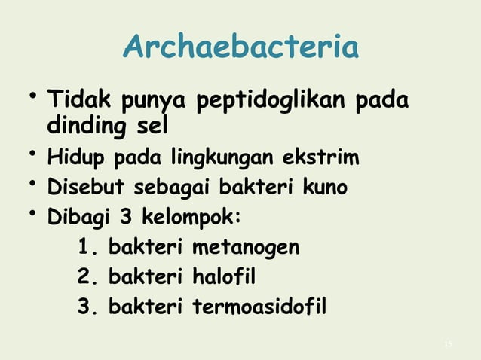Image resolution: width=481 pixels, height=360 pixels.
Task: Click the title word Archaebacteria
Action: [240, 48]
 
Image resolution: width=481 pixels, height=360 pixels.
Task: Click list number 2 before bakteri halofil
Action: [84, 278]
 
